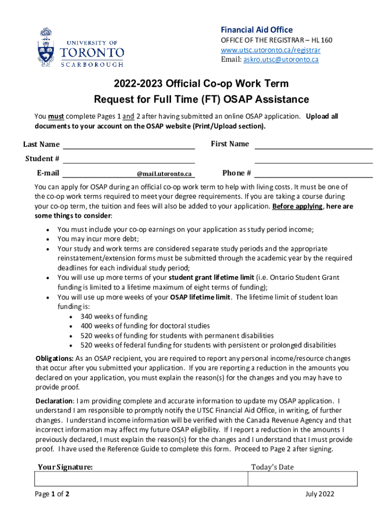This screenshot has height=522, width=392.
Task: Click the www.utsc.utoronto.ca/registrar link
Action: tap(270, 50)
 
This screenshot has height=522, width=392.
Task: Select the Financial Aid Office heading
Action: tap(256, 30)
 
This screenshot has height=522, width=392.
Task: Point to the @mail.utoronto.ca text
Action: tap(164, 174)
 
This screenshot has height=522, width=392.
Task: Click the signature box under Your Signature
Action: tap(141, 479)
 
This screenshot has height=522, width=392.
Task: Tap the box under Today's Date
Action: tap(302, 479)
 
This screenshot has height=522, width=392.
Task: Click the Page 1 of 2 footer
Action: tap(51, 494)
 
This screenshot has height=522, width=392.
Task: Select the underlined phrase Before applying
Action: tap(297, 206)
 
